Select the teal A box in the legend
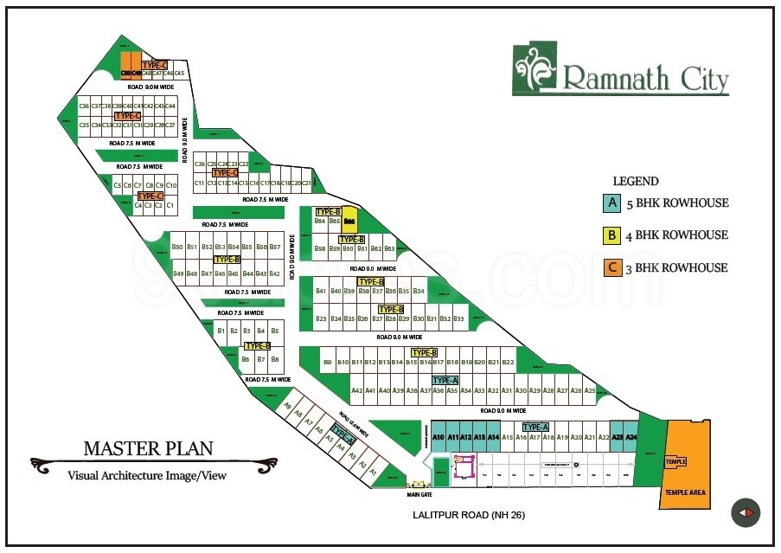(612, 203)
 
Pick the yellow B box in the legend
(612, 235)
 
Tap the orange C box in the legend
(612, 267)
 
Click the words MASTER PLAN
(148, 448)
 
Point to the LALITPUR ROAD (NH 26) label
(470, 516)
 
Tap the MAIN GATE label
(419, 495)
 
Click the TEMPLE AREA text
(685, 492)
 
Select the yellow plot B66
(349, 222)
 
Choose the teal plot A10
(439, 438)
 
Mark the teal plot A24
(631, 438)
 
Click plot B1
(221, 331)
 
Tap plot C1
(170, 205)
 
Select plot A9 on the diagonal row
(288, 406)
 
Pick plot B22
(508, 362)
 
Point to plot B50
(177, 248)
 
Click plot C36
(84, 106)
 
